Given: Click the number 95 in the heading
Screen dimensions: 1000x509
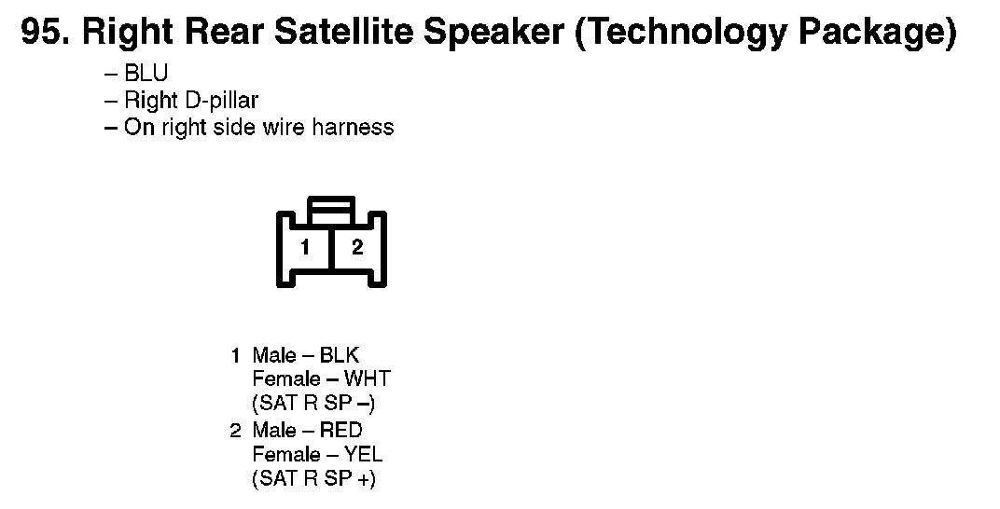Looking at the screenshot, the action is click(x=43, y=31).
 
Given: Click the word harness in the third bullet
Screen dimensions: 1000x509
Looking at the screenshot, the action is click(x=353, y=127).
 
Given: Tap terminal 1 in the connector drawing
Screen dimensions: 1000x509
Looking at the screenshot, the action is click(x=305, y=246).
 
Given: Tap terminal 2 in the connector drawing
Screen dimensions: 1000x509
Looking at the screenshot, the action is click(x=357, y=246).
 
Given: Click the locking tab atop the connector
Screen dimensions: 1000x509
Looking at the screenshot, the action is click(x=331, y=211).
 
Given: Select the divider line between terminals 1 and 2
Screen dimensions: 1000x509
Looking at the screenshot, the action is click(x=332, y=249).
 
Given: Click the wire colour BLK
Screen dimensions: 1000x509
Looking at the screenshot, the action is click(x=340, y=355).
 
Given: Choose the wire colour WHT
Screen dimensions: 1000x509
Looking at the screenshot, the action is click(x=367, y=379).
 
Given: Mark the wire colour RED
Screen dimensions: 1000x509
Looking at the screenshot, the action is click(x=340, y=430).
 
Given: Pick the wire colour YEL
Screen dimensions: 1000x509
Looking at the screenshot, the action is click(x=363, y=454).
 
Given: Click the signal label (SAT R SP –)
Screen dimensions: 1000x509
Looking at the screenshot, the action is click(x=313, y=404).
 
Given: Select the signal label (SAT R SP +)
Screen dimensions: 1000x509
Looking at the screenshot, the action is click(x=313, y=479).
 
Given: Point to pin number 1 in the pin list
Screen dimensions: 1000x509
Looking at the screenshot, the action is click(x=235, y=355).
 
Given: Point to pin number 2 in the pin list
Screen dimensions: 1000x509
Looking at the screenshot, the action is click(x=235, y=430).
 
